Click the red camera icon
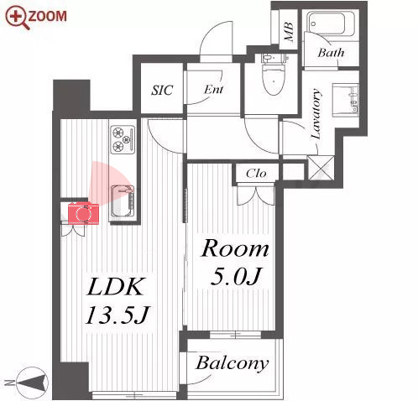83,213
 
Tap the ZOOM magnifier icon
18,18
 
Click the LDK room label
115,287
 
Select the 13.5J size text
118,315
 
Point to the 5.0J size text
236,276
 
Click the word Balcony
233,363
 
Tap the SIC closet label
162,90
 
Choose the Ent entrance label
213,90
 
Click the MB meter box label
289,32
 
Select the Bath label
331,53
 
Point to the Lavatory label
316,114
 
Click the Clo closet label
256,174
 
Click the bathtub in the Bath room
331,23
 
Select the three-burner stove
123,139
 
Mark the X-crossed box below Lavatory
321,168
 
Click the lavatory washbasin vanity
345,100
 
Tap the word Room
235,248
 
